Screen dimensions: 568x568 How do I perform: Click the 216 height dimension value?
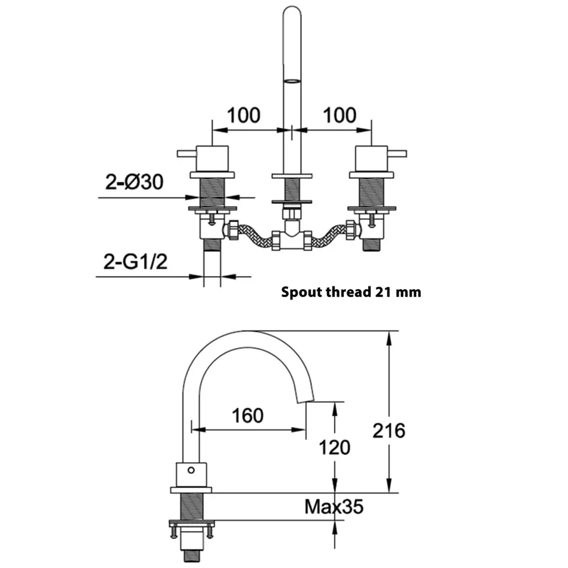tap(389, 431)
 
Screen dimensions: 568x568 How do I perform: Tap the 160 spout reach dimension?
tap(248, 416)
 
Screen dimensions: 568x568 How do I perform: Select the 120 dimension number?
tap(335, 448)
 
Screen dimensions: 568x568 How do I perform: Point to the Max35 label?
tap(333, 507)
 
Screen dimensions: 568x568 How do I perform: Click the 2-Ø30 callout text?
tap(134, 182)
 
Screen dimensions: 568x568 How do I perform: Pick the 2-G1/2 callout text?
tap(136, 261)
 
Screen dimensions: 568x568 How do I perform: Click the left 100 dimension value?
tap(244, 115)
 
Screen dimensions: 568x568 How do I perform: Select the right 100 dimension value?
tap(340, 115)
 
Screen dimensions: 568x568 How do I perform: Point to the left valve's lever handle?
tap(186, 154)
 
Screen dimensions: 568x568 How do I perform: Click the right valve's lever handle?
tap(397, 154)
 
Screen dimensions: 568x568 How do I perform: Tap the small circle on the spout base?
tap(191, 470)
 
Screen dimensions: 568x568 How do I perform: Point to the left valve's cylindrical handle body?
tap(212, 158)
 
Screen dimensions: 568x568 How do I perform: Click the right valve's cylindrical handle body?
tap(371, 158)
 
